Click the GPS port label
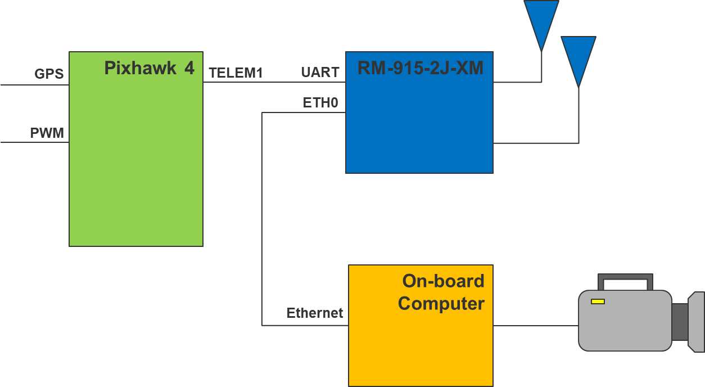click(x=49, y=74)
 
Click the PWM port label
click(x=47, y=134)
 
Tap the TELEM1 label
click(x=236, y=73)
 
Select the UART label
click(x=320, y=73)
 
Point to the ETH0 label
click(x=321, y=103)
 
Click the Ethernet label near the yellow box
click(x=314, y=313)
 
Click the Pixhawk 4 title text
click(x=149, y=68)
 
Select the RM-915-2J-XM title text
click(x=420, y=68)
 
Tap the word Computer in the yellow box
click(x=441, y=304)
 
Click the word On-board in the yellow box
click(x=443, y=281)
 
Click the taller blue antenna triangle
click(x=541, y=20)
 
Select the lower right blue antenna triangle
click(x=578, y=56)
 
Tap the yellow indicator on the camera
click(x=598, y=301)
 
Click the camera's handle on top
click(x=625, y=278)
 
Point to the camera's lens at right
click(x=696, y=322)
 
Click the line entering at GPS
click(x=34, y=85)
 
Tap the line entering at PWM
click(x=34, y=142)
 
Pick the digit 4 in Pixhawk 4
click(x=189, y=68)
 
